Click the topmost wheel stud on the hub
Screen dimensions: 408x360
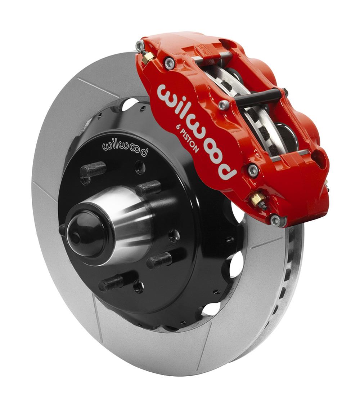[x=94, y=169]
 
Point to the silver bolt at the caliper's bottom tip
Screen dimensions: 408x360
[x=276, y=219]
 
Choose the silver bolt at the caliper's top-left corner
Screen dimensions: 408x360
[x=140, y=45]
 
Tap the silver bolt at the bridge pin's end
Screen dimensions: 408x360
[x=223, y=105]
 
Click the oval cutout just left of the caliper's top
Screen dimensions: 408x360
[x=130, y=104]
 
